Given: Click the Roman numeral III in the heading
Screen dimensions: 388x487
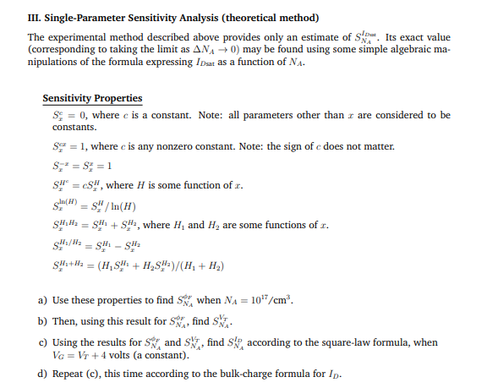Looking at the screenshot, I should click(x=35, y=17).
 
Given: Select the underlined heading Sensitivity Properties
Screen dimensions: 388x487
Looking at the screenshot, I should click(x=92, y=98).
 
